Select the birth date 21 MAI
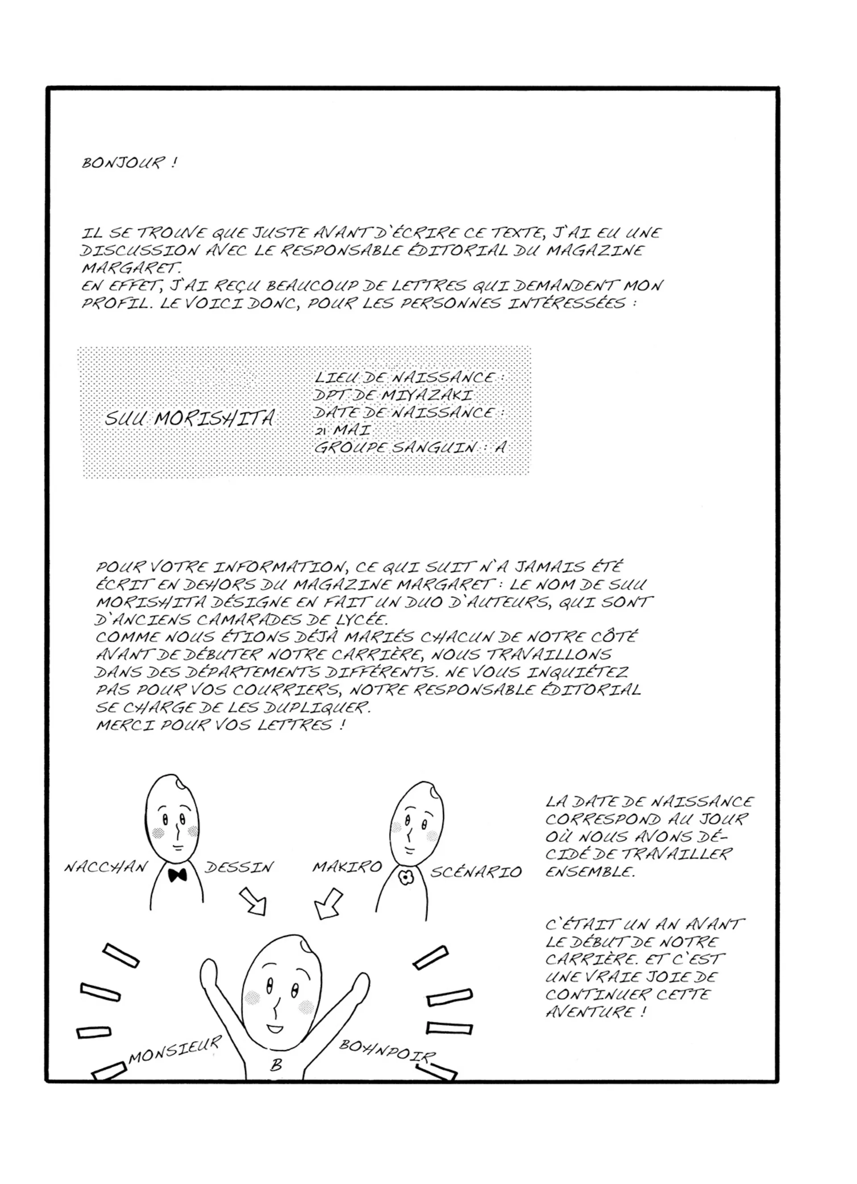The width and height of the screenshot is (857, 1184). (x=342, y=430)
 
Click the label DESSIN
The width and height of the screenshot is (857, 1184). (x=239, y=867)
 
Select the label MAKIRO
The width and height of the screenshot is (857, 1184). (x=347, y=867)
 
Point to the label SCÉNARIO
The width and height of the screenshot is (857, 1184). (x=475, y=872)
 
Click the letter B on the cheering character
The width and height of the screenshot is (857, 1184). (x=276, y=1065)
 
